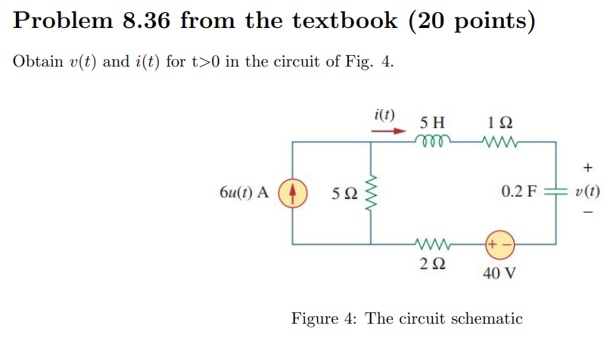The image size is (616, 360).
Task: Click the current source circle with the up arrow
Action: (x=294, y=192)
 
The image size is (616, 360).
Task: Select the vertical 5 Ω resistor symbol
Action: (x=371, y=192)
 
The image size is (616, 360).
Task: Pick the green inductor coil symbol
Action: (x=433, y=141)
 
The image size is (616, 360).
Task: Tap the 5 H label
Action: (x=432, y=121)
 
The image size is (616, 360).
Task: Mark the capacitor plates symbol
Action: (x=557, y=192)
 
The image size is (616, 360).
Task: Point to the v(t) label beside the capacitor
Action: (x=588, y=192)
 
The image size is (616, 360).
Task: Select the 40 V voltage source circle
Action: (x=499, y=245)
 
